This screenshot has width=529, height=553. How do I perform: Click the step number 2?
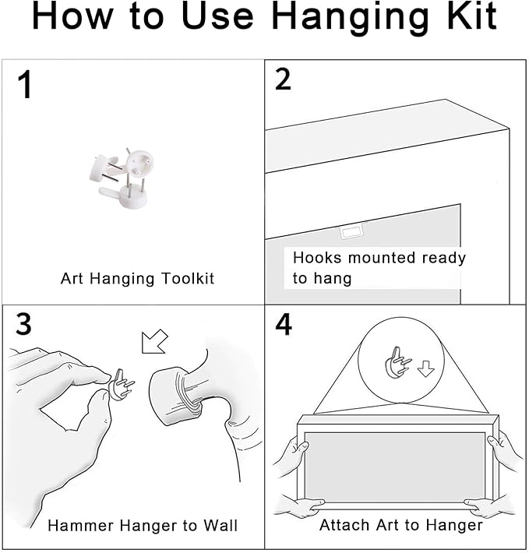[283, 79]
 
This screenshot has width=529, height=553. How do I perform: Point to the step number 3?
[23, 324]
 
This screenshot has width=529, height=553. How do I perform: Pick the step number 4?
[284, 324]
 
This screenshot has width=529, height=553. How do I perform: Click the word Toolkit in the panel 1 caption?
[188, 278]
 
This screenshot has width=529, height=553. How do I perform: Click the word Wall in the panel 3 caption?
[220, 525]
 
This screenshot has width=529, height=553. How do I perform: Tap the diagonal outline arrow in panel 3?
[154, 341]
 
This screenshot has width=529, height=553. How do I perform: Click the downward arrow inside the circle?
[425, 368]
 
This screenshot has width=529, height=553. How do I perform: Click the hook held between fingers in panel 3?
[122, 384]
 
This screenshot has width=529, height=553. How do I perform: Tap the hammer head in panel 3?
[176, 396]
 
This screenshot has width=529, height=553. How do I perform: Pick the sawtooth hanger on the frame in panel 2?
[351, 233]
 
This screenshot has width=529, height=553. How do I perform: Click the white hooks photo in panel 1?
[122, 178]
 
